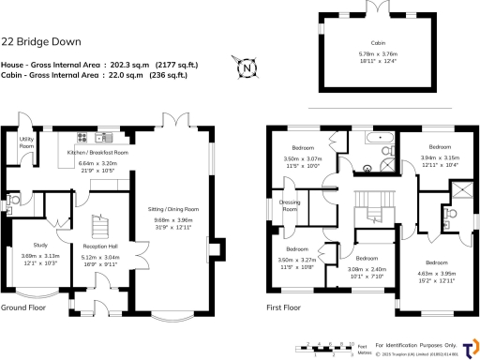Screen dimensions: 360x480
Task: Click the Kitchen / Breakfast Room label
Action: point(97,152)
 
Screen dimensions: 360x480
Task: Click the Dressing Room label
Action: point(290,206)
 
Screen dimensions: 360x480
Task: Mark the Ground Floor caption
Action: point(23,307)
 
